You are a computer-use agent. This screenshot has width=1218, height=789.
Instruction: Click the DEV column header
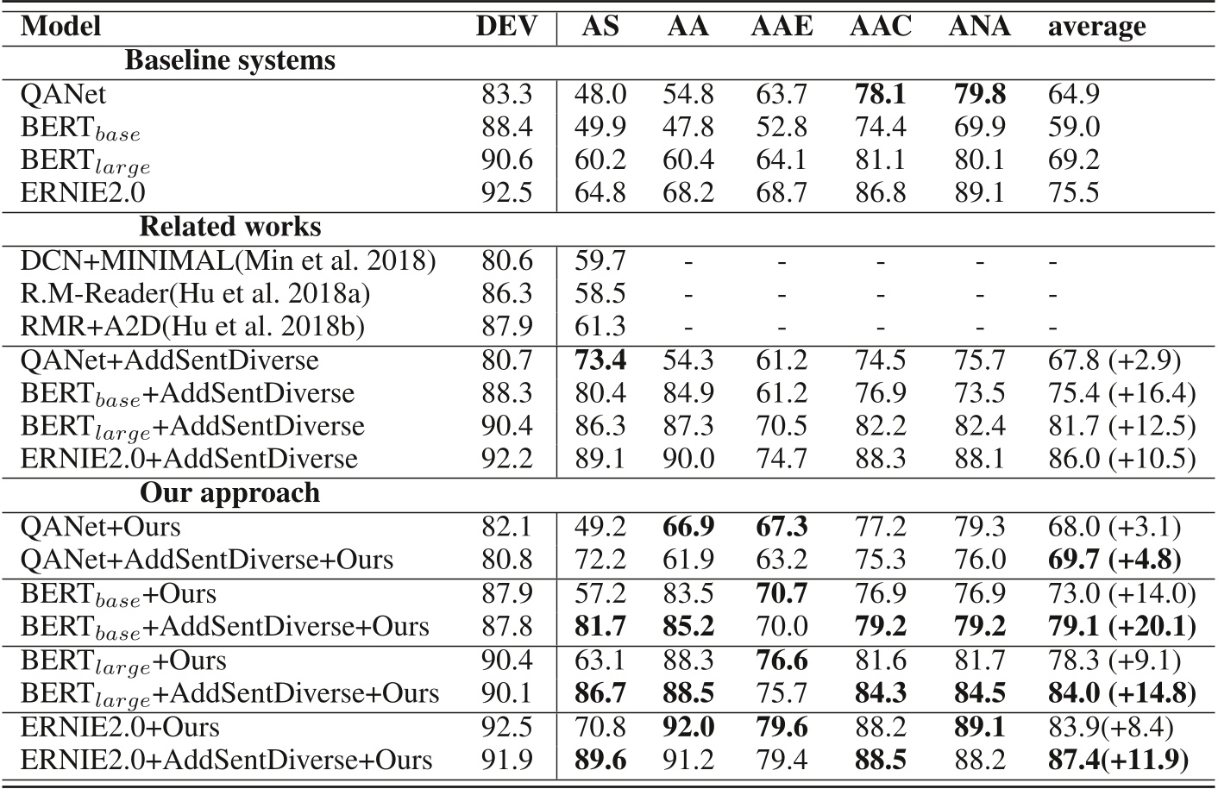[x=505, y=27]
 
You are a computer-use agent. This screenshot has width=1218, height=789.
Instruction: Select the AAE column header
[x=782, y=27]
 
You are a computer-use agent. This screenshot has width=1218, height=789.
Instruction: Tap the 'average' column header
[x=1096, y=27]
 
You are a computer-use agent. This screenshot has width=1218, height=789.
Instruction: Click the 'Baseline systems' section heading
[x=229, y=60]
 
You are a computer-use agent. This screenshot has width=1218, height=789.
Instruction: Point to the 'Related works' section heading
[x=229, y=227]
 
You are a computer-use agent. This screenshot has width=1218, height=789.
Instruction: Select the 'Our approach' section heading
[x=229, y=492]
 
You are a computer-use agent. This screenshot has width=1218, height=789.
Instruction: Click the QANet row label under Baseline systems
[x=64, y=94]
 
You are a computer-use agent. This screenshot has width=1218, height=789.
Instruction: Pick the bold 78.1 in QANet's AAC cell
[x=880, y=94]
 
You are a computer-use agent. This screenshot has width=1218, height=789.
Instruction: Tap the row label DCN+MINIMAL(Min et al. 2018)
[x=228, y=260]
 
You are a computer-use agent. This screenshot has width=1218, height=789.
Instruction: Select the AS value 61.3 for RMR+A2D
[x=600, y=327]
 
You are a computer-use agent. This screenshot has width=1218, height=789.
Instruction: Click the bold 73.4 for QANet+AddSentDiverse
[x=600, y=360]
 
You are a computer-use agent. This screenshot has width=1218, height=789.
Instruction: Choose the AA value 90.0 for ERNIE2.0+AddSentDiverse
[x=687, y=459]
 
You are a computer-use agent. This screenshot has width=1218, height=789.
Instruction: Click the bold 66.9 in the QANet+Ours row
[x=687, y=526]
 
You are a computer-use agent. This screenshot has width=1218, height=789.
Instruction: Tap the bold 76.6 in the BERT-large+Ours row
[x=782, y=661]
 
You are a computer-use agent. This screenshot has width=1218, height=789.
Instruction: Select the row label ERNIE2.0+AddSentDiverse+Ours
[x=226, y=760]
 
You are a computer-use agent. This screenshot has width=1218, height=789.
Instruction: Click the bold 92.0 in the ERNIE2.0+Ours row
[x=687, y=727]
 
